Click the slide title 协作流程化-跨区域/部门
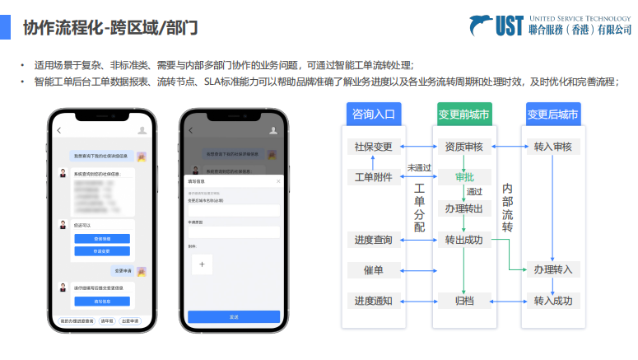point(110,28)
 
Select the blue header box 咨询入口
point(373,115)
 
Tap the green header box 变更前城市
point(464,115)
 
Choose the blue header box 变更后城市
point(552,115)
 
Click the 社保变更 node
point(373,147)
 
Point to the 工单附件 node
point(373,177)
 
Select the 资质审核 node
point(464,147)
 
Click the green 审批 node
point(464,177)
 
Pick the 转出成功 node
point(464,240)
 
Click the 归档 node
point(464,301)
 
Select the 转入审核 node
point(552,147)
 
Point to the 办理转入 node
point(552,269)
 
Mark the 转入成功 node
point(552,301)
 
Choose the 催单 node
point(373,269)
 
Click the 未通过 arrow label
point(419,167)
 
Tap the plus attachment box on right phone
point(203,264)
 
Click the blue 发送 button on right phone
point(234,316)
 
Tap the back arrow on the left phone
point(59,130)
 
